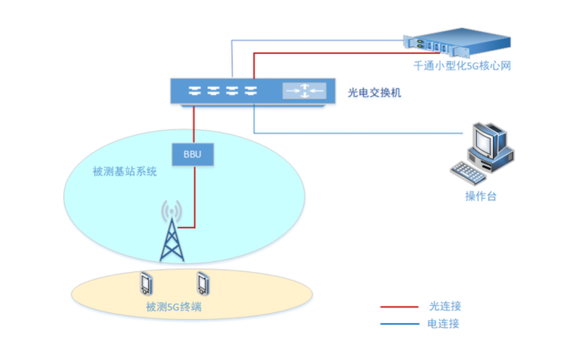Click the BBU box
pos(192,154)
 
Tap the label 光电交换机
pos(374,93)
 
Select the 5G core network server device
pos(457,44)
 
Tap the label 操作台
pos(480,196)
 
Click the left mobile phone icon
pos(145,283)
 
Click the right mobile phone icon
pos(202,282)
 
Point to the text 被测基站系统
pos(124,172)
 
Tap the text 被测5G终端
pos(173,307)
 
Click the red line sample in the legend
pos(399,307)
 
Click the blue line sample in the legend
pos(399,324)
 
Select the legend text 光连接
pos(444,307)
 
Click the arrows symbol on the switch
pos(304,91)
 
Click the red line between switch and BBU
pos(193,124)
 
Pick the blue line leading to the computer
pos(359,133)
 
